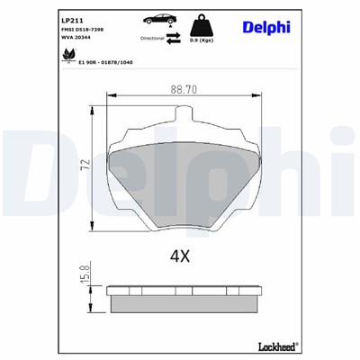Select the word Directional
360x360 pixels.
click(153, 40)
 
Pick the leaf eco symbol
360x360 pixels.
click(67, 56)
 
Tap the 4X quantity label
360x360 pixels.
click(181, 256)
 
